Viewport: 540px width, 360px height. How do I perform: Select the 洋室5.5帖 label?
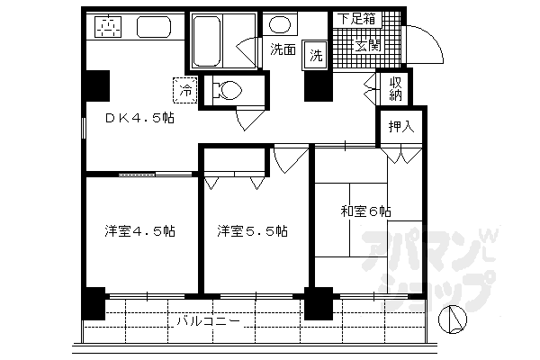(252, 231)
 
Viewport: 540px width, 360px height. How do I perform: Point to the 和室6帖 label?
(364, 211)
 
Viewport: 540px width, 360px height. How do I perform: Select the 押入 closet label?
(401, 125)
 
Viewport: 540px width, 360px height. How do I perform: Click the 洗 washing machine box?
(316, 54)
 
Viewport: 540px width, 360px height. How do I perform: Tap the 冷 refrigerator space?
(185, 90)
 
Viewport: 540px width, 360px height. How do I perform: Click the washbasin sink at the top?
(281, 23)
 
